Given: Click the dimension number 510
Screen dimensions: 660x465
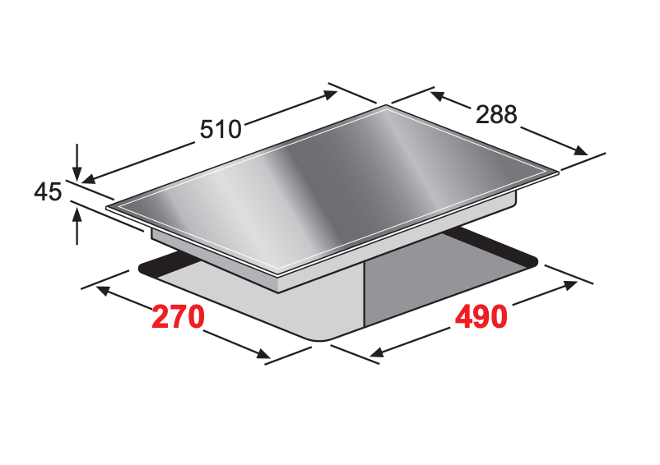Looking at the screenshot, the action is (221, 129).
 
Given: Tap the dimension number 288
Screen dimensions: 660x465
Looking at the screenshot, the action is (496, 114).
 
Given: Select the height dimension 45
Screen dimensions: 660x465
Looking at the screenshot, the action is (48, 191).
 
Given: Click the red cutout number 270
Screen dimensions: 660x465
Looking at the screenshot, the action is (178, 317).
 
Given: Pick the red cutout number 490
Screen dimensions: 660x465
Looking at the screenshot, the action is (481, 317).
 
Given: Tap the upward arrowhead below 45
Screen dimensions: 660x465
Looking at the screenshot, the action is (77, 216).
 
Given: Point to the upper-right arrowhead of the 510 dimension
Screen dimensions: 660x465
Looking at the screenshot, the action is (330, 94).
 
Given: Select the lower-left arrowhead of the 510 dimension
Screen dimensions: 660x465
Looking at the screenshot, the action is (89, 179).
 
